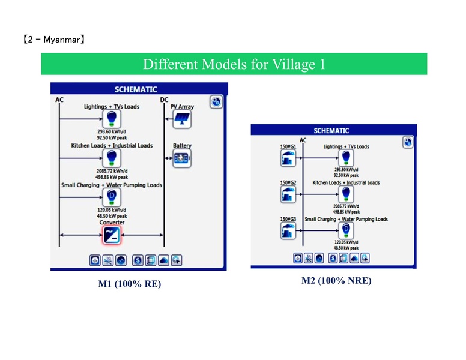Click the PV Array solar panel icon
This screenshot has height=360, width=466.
point(182,119)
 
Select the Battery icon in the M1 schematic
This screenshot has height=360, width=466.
point(182,159)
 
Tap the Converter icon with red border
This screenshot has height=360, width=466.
point(112,235)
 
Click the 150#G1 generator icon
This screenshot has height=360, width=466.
point(288,158)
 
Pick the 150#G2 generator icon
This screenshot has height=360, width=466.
point(288,194)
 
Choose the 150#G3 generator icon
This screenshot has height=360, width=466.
point(288,230)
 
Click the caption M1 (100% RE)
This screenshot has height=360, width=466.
point(129,284)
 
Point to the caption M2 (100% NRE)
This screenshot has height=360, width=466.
point(336,281)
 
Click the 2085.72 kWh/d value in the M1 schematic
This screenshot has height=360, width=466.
point(112,171)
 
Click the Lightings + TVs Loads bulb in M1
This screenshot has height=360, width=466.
point(112,119)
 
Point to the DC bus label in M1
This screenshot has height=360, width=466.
point(165,100)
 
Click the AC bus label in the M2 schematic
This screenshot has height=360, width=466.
point(303,140)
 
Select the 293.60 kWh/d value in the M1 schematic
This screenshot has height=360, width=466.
point(112,131)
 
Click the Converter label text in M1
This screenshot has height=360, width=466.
point(112,223)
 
